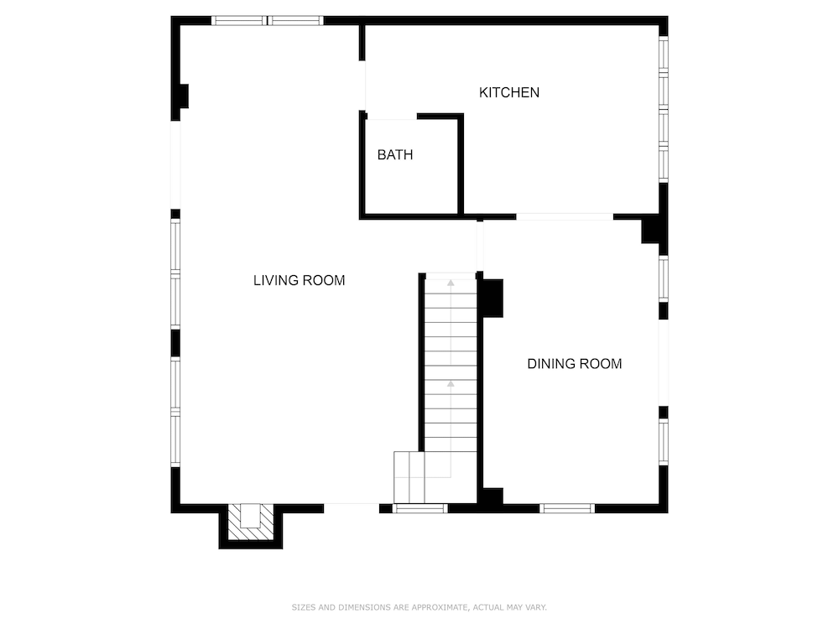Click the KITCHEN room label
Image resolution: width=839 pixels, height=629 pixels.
[509, 92]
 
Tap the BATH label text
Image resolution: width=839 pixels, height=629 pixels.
[395, 155]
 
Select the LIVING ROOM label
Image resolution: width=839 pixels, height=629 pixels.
[300, 280]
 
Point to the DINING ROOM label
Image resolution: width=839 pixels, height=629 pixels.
[575, 364]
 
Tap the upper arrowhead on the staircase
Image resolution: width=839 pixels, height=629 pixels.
[451, 283]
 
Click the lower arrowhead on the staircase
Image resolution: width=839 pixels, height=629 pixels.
[451, 383]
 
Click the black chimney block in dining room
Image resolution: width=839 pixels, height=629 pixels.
[492, 298]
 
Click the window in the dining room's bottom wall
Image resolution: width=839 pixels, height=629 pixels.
[567, 508]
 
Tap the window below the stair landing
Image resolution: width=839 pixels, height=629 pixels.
[420, 508]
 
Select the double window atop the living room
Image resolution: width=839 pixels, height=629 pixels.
[267, 21]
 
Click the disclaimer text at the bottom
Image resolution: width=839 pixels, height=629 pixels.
[419, 607]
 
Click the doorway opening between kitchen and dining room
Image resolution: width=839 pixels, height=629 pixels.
[565, 216]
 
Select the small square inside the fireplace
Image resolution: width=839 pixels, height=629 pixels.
[250, 516]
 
